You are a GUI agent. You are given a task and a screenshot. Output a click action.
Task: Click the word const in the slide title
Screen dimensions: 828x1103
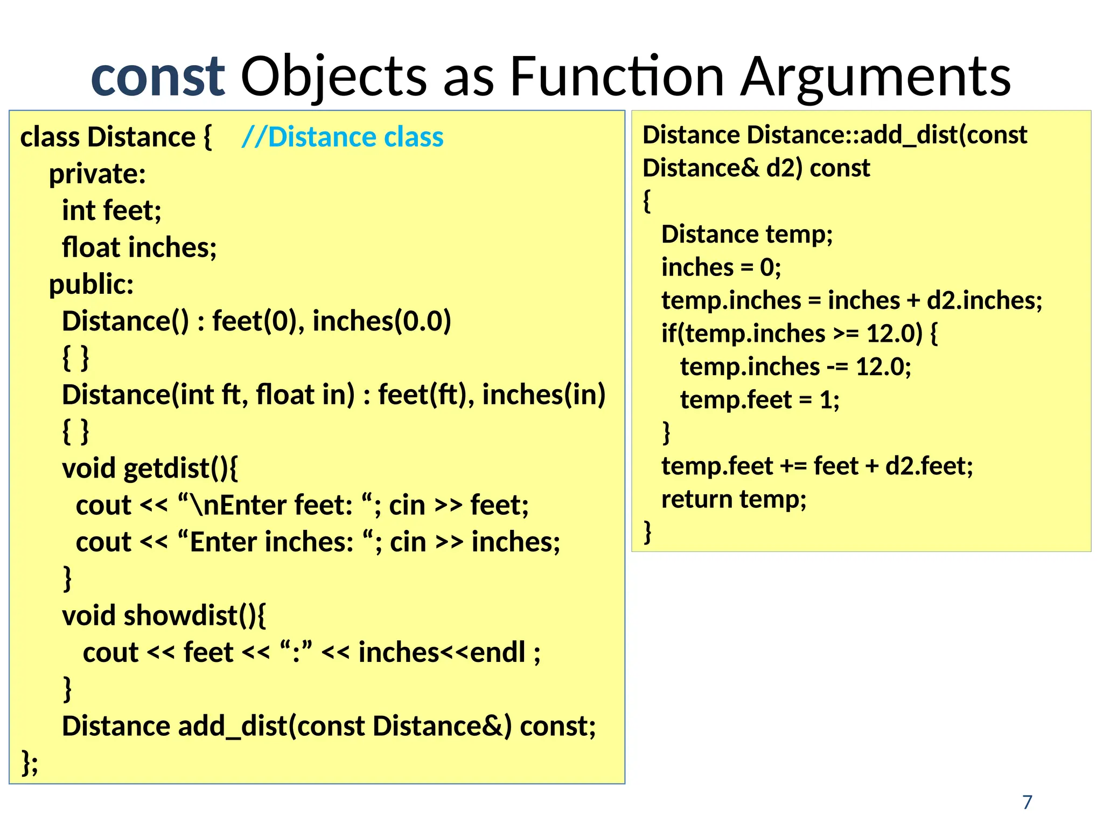pyautogui.click(x=157, y=77)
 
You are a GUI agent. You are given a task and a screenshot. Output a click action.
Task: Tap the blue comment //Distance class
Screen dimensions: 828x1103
pyautogui.click(x=343, y=137)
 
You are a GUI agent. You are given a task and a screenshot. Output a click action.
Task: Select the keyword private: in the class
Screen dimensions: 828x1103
pyautogui.click(x=97, y=174)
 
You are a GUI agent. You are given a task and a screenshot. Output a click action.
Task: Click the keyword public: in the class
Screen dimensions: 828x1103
pyautogui.click(x=91, y=284)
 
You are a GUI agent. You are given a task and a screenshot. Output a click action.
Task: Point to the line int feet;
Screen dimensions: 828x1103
pyautogui.click(x=111, y=210)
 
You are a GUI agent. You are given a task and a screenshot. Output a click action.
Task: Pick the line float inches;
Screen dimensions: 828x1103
pyautogui.click(x=139, y=247)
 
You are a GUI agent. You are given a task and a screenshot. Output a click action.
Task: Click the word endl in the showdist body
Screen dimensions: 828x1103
pyautogui.click(x=498, y=652)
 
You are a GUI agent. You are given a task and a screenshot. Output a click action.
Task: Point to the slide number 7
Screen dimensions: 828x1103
pyautogui.click(x=1027, y=802)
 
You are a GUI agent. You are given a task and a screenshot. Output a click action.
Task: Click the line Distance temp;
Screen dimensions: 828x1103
pyautogui.click(x=746, y=234)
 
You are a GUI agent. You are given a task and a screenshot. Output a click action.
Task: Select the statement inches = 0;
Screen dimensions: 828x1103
pyautogui.click(x=721, y=267)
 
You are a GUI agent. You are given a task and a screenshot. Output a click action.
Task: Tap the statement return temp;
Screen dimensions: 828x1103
pyautogui.click(x=734, y=499)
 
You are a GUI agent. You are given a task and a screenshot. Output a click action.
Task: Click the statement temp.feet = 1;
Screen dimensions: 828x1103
pyautogui.click(x=759, y=400)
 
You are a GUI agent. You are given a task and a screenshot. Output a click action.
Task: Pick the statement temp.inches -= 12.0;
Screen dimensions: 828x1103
pyautogui.click(x=795, y=367)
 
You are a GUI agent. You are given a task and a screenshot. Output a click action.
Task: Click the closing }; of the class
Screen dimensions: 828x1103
pyautogui.click(x=30, y=762)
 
